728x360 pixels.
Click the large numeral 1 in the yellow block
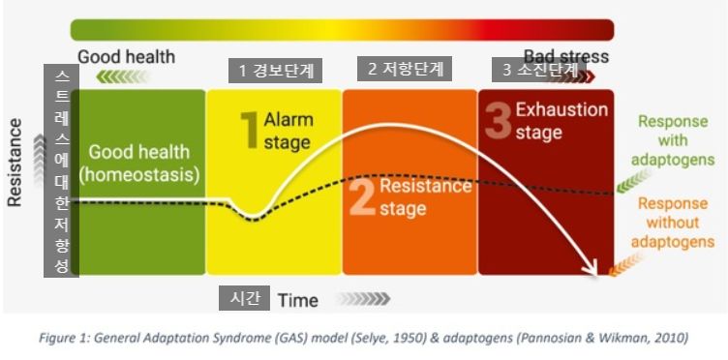point(249,130)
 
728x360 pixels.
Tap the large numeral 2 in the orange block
point(362,198)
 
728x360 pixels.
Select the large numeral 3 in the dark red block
point(499,121)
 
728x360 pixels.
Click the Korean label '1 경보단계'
point(275,71)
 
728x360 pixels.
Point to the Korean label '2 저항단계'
point(405,69)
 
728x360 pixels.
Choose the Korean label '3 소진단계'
point(539,70)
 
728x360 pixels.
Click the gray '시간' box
point(244,298)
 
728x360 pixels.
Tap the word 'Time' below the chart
point(298,301)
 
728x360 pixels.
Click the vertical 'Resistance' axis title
point(15,163)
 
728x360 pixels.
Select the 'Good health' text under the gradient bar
point(126,57)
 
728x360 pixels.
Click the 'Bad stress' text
point(566,56)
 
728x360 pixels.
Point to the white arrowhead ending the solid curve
point(592,270)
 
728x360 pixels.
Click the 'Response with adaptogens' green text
point(673,140)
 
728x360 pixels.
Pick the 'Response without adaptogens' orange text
point(673,223)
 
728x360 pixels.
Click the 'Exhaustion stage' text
point(561,121)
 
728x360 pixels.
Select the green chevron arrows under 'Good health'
point(123,76)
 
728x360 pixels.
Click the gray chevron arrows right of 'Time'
point(364,299)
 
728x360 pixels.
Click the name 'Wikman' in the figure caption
point(641,338)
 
